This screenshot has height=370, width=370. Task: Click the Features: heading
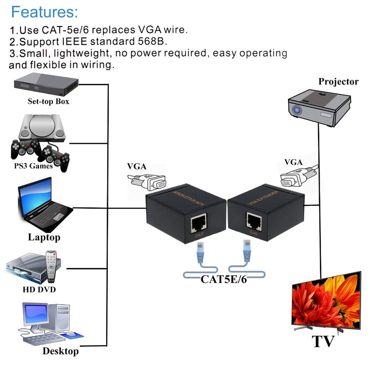coord(44,12)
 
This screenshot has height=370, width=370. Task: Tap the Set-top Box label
coord(48,102)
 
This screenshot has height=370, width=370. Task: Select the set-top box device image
coord(46,84)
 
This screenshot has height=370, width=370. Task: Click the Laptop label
coord(44,237)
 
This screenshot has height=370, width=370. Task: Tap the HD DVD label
coord(39,289)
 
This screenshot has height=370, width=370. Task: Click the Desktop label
coord(60,351)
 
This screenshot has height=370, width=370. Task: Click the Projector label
coord(338,82)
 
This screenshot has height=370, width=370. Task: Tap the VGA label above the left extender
coord(137,167)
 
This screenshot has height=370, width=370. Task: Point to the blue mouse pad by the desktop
coord(72,336)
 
